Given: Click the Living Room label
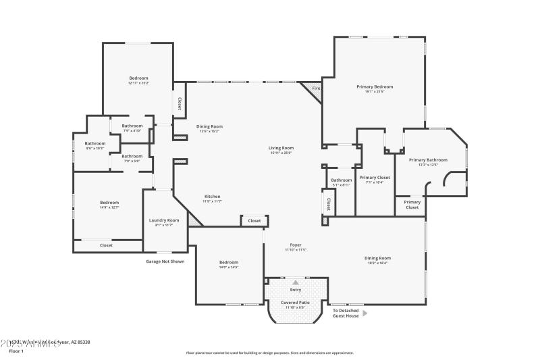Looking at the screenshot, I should (281, 148).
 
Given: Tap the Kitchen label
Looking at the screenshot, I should (213, 197).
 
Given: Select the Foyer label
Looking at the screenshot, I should (296, 245).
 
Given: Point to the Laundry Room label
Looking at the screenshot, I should (164, 220).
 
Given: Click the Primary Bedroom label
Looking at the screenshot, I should (375, 86).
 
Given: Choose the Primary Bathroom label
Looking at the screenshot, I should (428, 160).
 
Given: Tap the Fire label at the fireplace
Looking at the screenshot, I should (315, 88).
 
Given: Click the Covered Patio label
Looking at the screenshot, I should (295, 303).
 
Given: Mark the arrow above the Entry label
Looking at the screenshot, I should (295, 282).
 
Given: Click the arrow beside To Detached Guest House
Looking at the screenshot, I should (365, 313).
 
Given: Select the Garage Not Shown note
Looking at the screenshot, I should (165, 261).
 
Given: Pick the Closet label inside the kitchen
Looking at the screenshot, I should (254, 221).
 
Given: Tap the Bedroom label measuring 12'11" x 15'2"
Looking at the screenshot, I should (138, 78).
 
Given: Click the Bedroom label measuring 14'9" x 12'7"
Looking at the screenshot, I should (109, 203).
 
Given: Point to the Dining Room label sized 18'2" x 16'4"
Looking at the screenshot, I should (378, 258).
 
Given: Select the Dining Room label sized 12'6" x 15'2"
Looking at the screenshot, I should (209, 126).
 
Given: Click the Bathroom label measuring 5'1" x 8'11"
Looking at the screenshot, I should (341, 180).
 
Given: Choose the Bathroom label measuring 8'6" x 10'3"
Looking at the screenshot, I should (94, 143).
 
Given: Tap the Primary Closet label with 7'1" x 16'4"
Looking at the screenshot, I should (374, 178).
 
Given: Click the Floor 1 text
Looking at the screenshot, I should (16, 351).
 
